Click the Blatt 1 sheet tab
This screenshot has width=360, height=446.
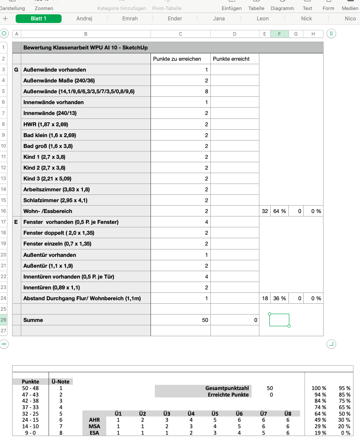click(39, 19)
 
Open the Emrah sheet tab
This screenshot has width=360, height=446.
click(130, 19)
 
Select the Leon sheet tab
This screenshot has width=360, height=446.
click(262, 19)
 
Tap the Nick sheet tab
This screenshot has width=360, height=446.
click(306, 19)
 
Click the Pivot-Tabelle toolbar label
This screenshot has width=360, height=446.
click(167, 8)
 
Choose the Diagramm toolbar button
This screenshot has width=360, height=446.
click(282, 8)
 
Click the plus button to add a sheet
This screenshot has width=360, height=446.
click(5, 19)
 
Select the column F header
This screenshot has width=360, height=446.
click(279, 34)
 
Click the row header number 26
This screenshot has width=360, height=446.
click(3, 320)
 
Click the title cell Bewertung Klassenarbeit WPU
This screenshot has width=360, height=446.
click(87, 48)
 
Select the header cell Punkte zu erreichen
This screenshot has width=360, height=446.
click(180, 59)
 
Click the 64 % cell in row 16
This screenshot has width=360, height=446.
click(279, 211)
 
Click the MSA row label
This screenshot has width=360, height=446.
click(94, 426)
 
